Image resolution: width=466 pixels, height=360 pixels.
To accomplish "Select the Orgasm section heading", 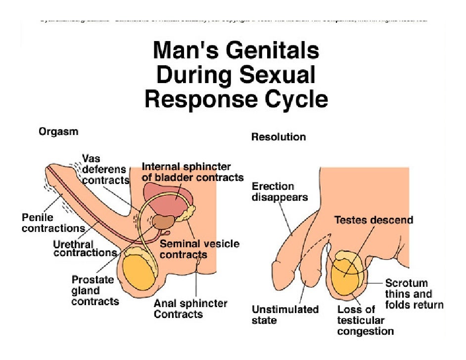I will click(x=58, y=132).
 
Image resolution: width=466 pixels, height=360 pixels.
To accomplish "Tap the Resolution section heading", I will click(x=279, y=136).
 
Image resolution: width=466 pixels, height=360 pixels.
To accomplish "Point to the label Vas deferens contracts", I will click(x=105, y=170).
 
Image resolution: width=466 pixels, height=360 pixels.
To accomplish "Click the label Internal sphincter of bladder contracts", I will click(x=192, y=172).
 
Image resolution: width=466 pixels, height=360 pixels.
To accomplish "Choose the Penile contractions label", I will click(x=53, y=223).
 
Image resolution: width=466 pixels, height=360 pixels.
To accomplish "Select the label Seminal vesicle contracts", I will click(x=199, y=249).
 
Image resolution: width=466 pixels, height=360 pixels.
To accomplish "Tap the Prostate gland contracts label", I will click(x=95, y=290).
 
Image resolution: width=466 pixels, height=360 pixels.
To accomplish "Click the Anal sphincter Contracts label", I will click(x=190, y=309).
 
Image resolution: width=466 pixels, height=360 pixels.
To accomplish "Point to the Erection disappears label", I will click(x=280, y=191).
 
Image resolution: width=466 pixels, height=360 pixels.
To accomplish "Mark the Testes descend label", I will click(x=373, y=220).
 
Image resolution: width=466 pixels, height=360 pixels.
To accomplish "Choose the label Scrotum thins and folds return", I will click(x=414, y=294).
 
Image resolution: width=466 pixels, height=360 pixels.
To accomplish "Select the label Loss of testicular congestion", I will click(x=365, y=320).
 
